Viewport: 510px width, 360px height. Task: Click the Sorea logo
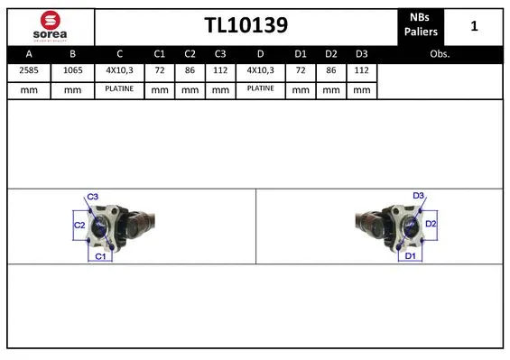click(x=49, y=25)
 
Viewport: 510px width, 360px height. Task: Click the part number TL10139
click(x=245, y=26)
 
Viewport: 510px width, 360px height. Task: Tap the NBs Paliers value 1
click(x=474, y=26)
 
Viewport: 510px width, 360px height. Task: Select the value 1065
click(x=72, y=71)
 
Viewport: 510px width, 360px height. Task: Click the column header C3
click(x=219, y=53)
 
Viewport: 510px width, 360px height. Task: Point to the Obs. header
click(x=440, y=53)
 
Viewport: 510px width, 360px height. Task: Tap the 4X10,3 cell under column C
click(x=119, y=71)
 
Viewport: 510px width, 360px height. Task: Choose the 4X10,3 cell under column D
click(x=262, y=71)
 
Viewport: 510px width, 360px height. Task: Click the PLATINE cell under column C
click(x=119, y=89)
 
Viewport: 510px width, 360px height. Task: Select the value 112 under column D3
click(x=361, y=71)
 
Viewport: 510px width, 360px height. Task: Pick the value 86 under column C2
click(x=190, y=71)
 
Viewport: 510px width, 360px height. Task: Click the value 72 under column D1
click(x=301, y=71)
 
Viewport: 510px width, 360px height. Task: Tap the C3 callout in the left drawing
click(x=92, y=197)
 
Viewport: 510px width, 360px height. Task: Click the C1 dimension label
click(x=101, y=257)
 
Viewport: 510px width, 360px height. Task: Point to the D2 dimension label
click(x=431, y=223)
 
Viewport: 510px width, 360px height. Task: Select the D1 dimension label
click(x=409, y=256)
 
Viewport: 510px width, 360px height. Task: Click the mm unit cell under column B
click(x=72, y=89)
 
